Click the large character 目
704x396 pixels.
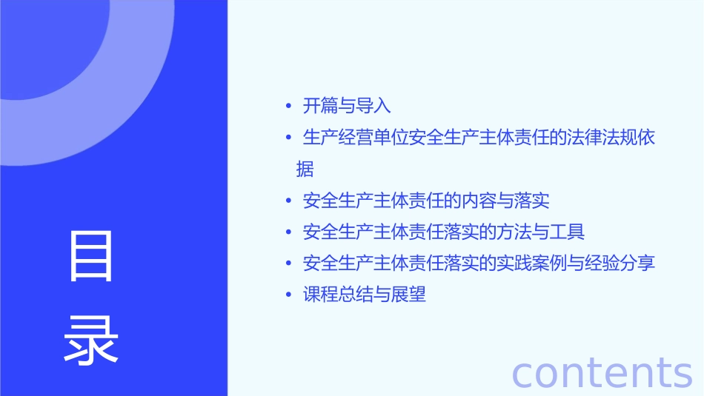click(x=91, y=256)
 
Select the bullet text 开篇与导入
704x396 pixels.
click(x=347, y=106)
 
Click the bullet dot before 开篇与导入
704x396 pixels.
click(x=288, y=106)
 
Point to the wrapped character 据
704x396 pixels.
click(x=305, y=170)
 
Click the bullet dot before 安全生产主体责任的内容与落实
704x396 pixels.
click(x=288, y=201)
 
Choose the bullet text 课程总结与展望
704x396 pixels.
click(x=365, y=295)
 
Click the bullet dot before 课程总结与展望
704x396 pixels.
click(x=288, y=295)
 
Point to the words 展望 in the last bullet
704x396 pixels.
click(x=408, y=295)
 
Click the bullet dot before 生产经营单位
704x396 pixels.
click(x=288, y=138)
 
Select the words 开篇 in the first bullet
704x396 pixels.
click(x=320, y=106)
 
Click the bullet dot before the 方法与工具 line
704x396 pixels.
click(x=288, y=232)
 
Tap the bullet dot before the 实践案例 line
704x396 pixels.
click(x=288, y=264)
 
